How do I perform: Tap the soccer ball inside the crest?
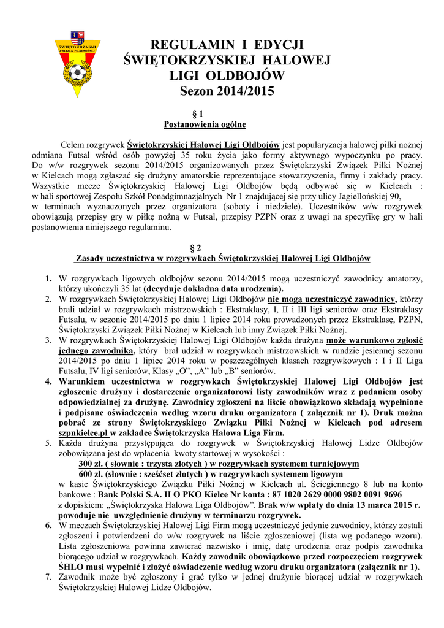pyautogui.click(x=77, y=73)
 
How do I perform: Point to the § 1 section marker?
pyautogui.click(x=197, y=114)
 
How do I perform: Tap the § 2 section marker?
pyautogui.click(x=197, y=248)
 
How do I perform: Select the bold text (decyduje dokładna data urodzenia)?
pyautogui.click(x=214, y=288)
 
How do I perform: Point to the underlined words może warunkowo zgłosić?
pyautogui.click(x=374, y=340)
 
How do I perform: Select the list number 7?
pyautogui.click(x=48, y=577)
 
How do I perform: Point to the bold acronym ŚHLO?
pyautogui.click(x=71, y=567)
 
